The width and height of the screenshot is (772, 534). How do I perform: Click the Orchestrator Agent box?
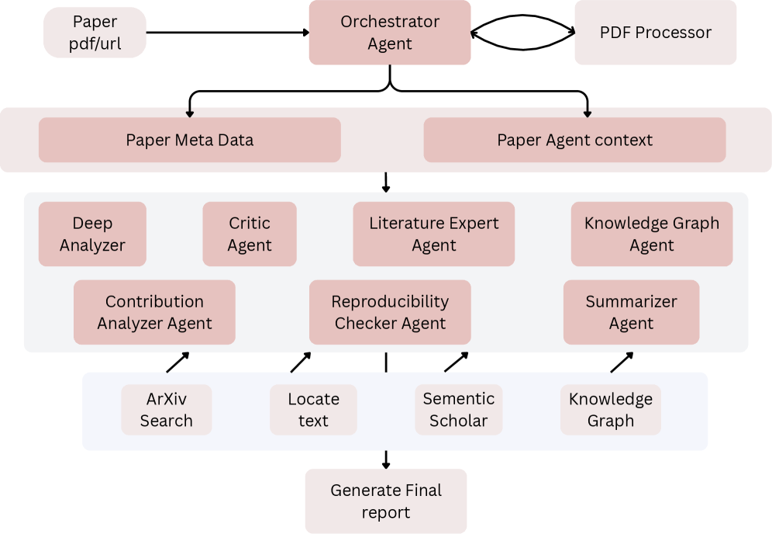click(390, 33)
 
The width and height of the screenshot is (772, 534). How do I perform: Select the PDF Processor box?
click(655, 33)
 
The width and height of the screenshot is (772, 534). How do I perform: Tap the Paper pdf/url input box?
click(95, 33)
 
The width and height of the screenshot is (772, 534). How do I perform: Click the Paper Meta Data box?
click(190, 140)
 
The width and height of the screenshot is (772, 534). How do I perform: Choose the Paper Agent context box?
click(574, 140)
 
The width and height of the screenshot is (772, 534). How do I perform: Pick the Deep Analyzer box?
click(92, 234)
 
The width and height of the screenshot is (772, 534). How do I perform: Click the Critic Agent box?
click(250, 234)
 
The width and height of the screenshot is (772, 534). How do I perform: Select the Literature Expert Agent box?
click(434, 234)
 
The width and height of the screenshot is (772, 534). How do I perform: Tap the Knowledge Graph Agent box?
click(652, 234)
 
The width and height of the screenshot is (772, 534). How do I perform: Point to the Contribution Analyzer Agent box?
click(154, 312)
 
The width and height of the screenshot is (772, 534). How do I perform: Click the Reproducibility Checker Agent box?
click(390, 312)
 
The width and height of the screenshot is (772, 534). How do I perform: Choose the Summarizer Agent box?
click(631, 312)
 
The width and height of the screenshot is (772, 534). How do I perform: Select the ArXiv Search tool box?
click(167, 410)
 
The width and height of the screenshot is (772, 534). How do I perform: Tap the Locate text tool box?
click(313, 410)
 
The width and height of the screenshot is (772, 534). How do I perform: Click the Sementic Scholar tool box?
click(458, 410)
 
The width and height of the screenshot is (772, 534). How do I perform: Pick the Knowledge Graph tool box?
click(611, 410)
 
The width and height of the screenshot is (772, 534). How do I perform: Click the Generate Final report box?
click(386, 501)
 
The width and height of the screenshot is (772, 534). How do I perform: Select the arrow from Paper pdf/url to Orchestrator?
click(228, 33)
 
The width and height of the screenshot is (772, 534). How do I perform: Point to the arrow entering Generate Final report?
click(386, 459)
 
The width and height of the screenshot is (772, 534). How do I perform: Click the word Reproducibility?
click(390, 302)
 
